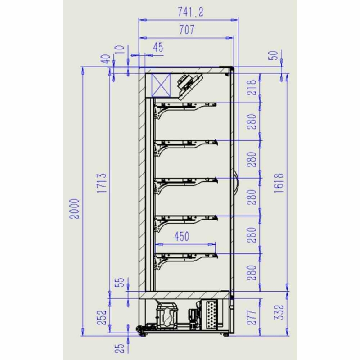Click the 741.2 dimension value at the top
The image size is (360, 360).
pos(190,12)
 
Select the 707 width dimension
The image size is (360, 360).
pos(187,30)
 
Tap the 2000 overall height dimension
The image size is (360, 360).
pos(75,209)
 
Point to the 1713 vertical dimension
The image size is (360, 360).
pos(102,183)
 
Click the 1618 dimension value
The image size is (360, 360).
pos(279,183)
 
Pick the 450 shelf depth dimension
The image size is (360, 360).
pos(182,237)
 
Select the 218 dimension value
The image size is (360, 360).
pos(252,88)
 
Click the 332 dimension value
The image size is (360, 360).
pos(279,312)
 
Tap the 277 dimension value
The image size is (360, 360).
pos(252,317)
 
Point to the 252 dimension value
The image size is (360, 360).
pos(102,317)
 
